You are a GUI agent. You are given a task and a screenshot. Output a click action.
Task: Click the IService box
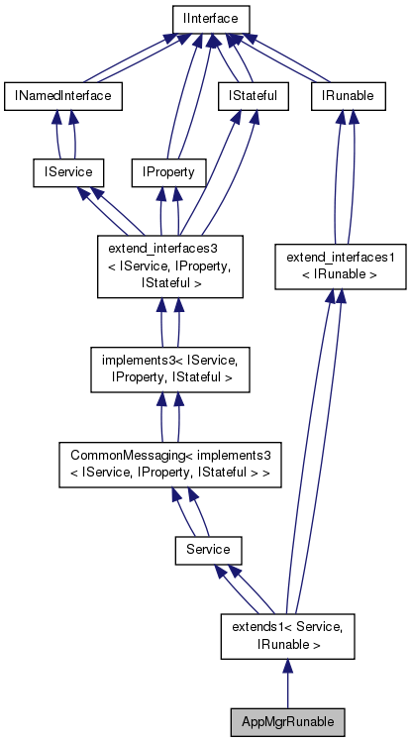coord(62,172)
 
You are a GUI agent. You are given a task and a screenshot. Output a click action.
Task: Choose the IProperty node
coord(169,172)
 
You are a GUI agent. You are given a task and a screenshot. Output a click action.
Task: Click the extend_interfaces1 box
coord(341,265)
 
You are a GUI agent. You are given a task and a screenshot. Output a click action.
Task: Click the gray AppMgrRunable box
coord(286,720)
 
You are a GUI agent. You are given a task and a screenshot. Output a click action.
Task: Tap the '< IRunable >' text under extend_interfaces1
coord(341,274)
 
